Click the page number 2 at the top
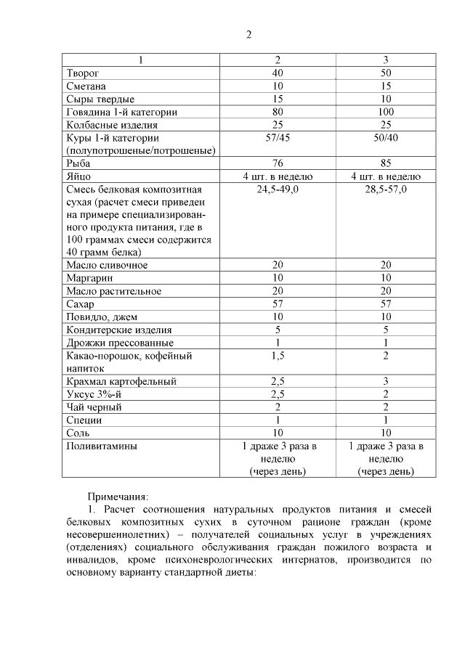[x=248, y=34]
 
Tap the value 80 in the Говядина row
[x=278, y=112]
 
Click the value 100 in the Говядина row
[x=386, y=112]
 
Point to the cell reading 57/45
[x=278, y=137]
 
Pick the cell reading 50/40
[x=386, y=137]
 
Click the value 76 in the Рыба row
[x=278, y=163]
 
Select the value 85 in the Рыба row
[x=386, y=163]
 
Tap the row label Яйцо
[x=78, y=176]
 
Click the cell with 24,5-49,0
[x=278, y=189]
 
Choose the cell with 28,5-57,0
[x=386, y=189]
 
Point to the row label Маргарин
[x=88, y=278]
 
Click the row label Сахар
[x=80, y=304]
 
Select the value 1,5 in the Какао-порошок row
[x=278, y=355]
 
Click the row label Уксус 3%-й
[x=92, y=394]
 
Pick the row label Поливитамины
[x=102, y=446]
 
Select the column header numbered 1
[x=142, y=60]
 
